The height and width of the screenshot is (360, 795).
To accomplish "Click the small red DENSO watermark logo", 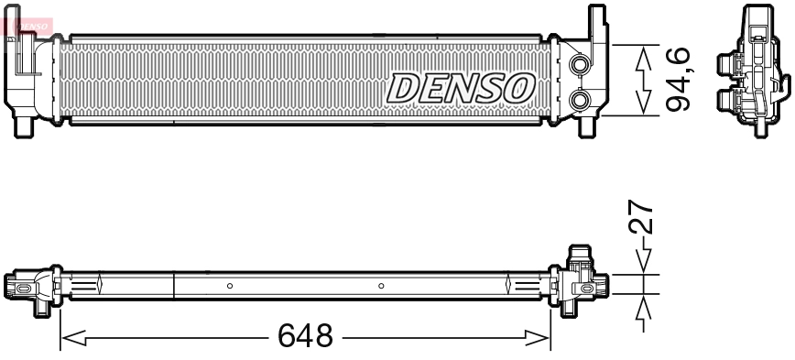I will pos(27,20).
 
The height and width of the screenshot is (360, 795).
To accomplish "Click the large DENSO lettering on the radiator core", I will pos(462,88).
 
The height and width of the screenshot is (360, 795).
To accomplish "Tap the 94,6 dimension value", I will pos(677,81).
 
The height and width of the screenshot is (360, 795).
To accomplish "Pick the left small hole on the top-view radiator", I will pos(230,286).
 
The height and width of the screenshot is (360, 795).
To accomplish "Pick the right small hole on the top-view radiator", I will pos(381,286).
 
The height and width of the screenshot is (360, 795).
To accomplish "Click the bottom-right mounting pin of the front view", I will pos(584,125).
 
